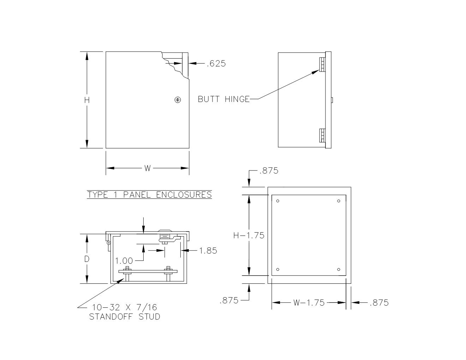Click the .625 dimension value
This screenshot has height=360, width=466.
point(216,64)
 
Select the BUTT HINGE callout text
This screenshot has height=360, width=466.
point(223,99)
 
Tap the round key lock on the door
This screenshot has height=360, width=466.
point(178,100)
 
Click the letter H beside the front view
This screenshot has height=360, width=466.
point(87,100)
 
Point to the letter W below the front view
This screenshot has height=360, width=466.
point(148,168)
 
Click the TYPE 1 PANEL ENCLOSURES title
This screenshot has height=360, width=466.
point(149,194)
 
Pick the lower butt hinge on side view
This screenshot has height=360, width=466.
point(322,135)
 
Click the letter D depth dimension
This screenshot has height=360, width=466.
point(87,259)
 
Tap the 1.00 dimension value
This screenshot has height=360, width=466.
point(124,261)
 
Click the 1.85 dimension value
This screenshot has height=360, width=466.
point(208,251)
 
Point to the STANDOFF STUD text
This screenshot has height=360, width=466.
point(124,317)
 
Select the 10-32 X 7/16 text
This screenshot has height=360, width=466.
point(124,307)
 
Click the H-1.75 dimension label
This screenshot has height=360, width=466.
point(249,235)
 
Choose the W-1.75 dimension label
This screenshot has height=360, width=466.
point(309,302)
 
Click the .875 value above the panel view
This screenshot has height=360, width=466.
point(269,171)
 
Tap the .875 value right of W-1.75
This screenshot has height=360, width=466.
point(379,302)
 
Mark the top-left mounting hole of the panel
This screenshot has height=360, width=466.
point(278,201)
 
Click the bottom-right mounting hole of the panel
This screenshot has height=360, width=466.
point(339,270)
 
